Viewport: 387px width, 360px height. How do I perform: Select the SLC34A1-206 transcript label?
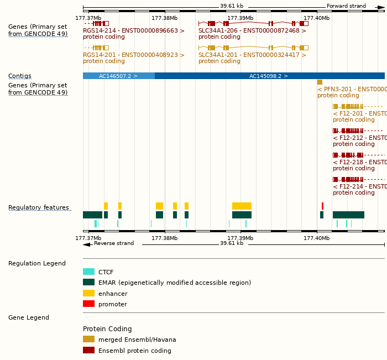[x=252, y=31]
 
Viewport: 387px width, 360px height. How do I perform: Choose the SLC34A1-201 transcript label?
[x=252, y=55]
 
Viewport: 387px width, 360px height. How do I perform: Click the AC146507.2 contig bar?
[x=118, y=76]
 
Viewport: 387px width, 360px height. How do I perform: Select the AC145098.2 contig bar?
[x=269, y=76]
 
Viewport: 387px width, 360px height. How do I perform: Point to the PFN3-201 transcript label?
[x=352, y=89]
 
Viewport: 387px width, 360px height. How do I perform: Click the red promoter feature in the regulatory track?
[x=322, y=206]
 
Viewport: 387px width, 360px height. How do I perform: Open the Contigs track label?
[x=20, y=76]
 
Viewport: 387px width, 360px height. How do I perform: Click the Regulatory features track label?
[x=39, y=208]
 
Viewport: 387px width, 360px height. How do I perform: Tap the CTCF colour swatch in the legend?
[x=88, y=272]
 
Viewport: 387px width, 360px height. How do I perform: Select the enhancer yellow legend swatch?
[x=88, y=293]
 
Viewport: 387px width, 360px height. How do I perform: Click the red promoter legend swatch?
[x=88, y=304]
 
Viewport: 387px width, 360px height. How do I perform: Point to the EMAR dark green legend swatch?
[x=88, y=283]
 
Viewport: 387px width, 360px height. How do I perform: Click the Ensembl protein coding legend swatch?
[x=88, y=350]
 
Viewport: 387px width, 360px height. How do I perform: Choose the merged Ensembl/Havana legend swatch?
[x=88, y=339]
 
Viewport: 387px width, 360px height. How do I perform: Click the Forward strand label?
[x=346, y=6]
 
